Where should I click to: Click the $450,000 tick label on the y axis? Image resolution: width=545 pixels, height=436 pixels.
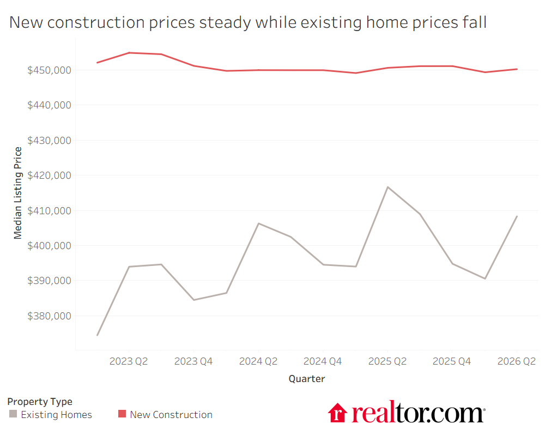point(50,70)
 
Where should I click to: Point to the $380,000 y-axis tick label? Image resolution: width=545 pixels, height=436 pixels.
point(50,316)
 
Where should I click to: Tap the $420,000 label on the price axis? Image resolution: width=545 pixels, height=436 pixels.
point(50,175)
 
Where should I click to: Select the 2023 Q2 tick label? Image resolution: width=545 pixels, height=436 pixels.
point(129,361)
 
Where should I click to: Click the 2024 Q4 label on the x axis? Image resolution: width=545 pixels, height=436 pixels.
point(323,361)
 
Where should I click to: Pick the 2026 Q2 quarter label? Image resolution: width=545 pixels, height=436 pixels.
point(517,361)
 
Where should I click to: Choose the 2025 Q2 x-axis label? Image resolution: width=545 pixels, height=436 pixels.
point(387,361)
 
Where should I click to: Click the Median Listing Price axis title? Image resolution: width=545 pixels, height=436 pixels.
point(17,193)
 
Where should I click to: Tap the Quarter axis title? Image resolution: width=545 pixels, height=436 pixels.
point(306,379)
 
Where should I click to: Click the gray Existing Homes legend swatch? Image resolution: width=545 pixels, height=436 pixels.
point(13,414)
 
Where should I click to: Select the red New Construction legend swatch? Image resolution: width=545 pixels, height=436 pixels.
point(122,414)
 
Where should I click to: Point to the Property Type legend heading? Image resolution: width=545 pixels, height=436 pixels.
point(40,402)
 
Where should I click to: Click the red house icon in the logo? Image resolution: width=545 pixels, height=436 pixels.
point(337,413)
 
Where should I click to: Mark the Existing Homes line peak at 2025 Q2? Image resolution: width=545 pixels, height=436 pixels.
point(387,187)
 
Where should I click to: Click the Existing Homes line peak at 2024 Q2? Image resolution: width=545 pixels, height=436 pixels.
point(258,223)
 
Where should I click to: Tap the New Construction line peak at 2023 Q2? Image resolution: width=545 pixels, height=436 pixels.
point(129,53)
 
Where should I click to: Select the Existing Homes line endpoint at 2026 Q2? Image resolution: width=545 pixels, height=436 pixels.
point(517,216)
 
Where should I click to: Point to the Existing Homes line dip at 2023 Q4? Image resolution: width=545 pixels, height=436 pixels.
point(193,300)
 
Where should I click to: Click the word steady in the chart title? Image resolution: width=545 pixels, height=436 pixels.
point(225,23)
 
